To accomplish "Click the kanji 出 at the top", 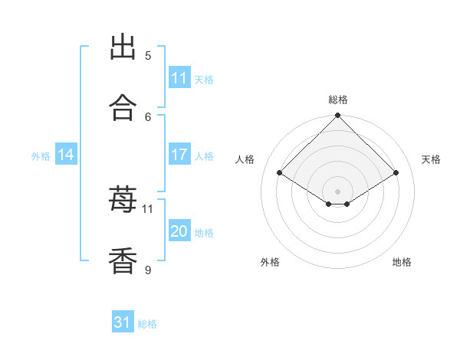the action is tap(123, 46).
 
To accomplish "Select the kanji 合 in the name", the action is tap(123, 107).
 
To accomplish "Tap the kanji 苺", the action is tap(123, 198).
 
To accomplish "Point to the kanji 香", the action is tap(123, 260).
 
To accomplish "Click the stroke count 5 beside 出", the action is tap(148, 56).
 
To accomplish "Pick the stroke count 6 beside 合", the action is tap(148, 117).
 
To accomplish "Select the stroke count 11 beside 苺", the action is tap(147, 209).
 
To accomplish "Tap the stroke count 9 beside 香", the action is tap(148, 270).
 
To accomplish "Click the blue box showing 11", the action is tap(179, 77).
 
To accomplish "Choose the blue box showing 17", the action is tap(179, 154).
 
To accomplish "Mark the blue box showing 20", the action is tap(179, 230).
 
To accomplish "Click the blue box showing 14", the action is tap(66, 154).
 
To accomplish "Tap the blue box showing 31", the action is tap(123, 321).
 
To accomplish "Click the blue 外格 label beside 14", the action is tap(41, 156).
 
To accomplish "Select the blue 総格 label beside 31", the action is tap(147, 324).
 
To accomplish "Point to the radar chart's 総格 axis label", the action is tap(338, 100).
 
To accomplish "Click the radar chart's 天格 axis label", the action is tap(431, 159).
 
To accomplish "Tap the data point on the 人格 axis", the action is tap(279, 172).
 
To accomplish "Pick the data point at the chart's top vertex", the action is tap(337, 115).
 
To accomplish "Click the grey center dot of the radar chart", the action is tap(337, 191).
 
